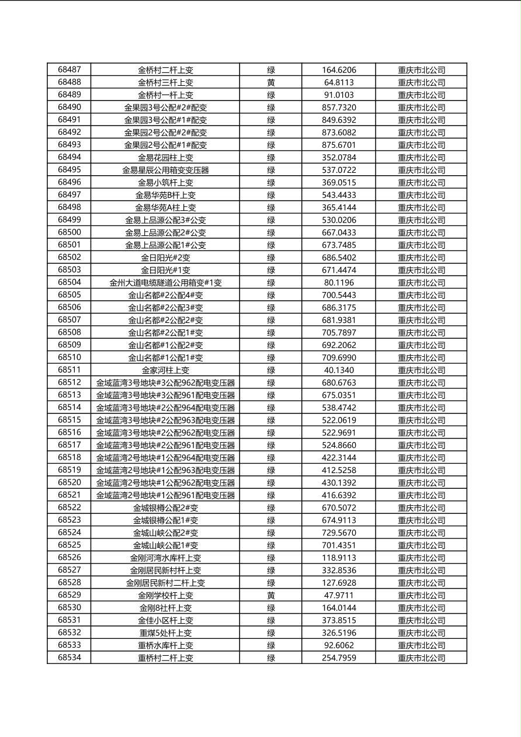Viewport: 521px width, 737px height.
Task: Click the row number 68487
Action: pos(70,69)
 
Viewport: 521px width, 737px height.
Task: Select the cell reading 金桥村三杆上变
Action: pos(165,82)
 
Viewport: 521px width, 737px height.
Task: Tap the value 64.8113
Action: pos(339,82)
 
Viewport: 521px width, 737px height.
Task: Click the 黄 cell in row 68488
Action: pos(271,82)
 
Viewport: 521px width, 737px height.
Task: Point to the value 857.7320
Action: pos(339,107)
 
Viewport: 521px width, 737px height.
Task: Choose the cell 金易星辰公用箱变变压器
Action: pos(165,170)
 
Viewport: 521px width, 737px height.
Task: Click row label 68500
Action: pos(70,232)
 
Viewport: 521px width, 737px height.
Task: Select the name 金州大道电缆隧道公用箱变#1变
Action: pos(165,283)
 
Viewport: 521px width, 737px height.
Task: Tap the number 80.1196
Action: pos(339,283)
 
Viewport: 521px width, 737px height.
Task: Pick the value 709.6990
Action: pos(339,357)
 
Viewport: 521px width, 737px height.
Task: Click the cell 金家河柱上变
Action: pos(165,370)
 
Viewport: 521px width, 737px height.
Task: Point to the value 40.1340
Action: pos(339,370)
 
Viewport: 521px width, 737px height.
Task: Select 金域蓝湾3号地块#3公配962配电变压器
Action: pos(165,383)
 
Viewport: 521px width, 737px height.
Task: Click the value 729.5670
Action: pos(339,533)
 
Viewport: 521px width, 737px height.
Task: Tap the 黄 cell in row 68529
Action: pos(271,595)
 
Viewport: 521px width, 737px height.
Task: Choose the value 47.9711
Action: pos(339,595)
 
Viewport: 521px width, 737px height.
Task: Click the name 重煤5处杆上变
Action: pos(165,632)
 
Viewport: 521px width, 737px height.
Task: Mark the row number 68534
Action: pos(70,658)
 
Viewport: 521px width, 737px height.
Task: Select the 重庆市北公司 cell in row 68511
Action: pos(421,370)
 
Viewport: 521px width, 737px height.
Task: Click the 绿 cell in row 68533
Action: pos(271,645)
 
